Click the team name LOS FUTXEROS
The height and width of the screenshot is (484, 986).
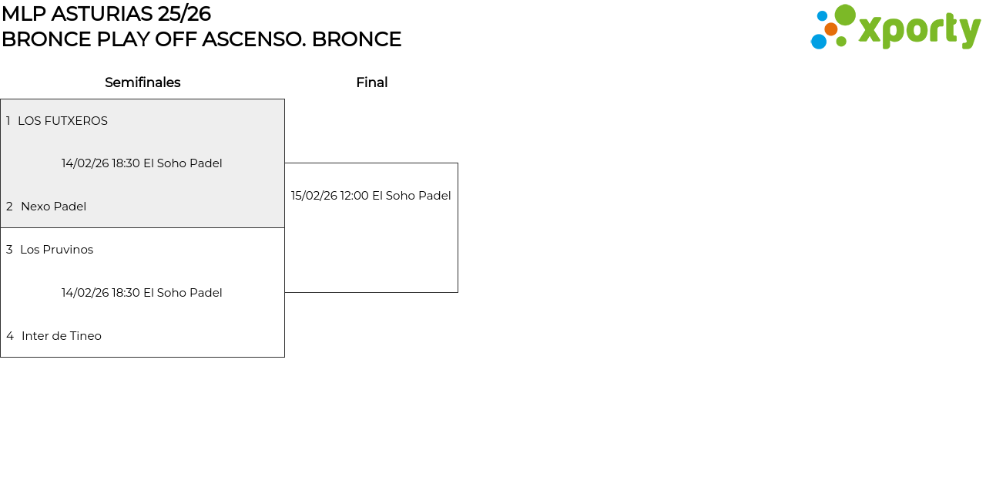62,121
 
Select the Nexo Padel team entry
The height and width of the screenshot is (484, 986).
53,207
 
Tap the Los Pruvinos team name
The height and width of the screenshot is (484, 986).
57,250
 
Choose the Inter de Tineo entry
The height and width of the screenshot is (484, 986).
62,336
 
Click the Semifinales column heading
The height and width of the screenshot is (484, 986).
143,82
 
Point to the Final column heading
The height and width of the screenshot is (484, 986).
372,82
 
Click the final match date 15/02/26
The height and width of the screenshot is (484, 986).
314,196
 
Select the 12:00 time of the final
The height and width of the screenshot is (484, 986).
354,196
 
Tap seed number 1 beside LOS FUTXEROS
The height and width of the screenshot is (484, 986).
8,121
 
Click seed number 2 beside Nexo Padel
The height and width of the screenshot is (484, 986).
9,207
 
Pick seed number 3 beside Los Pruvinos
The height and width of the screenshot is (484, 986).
9,250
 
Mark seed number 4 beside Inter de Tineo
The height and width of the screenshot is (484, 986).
10,336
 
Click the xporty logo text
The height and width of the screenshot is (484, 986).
920,30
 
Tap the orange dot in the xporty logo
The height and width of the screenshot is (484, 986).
831,29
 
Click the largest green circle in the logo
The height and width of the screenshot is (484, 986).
845,15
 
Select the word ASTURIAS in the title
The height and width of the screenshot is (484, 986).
102,14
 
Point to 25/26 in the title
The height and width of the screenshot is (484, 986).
184,14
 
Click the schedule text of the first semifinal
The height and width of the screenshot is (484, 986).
142,163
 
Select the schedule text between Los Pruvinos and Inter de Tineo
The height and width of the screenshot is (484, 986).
142,293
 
